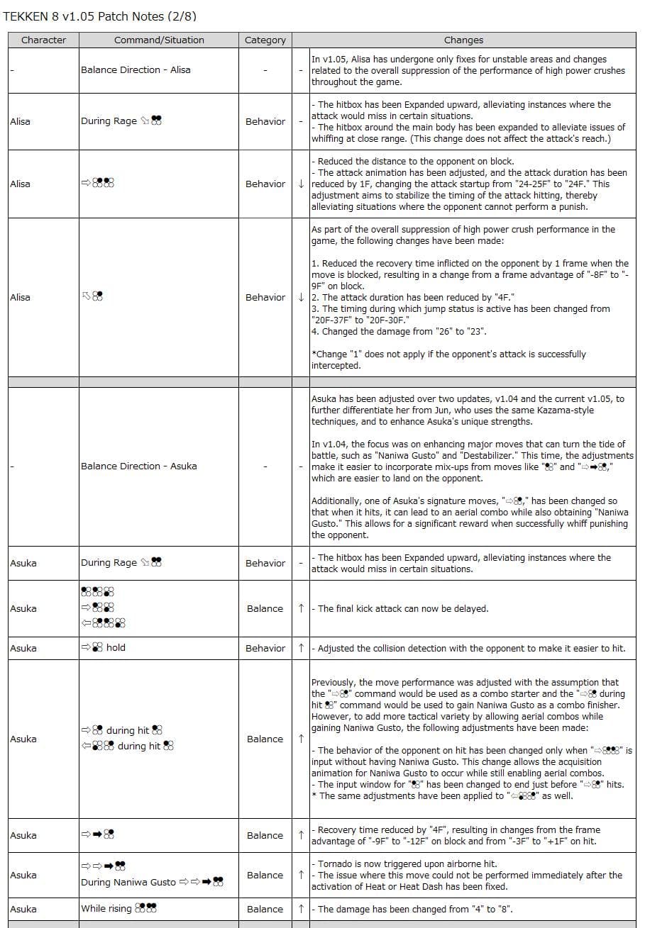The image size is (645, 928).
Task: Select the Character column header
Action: pyautogui.click(x=43, y=40)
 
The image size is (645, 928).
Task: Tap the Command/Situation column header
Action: pyautogui.click(x=159, y=40)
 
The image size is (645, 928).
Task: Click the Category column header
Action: pyautogui.click(x=265, y=40)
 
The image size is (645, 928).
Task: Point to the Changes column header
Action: pyautogui.click(x=463, y=40)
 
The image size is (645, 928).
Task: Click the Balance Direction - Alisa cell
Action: pyautogui.click(x=136, y=70)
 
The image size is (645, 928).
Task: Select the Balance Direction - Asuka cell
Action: pyautogui.click(x=138, y=466)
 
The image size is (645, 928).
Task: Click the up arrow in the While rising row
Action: pyautogui.click(x=302, y=909)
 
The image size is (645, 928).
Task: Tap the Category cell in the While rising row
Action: pyautogui.click(x=265, y=909)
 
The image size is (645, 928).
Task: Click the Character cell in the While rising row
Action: pyautogui.click(x=23, y=909)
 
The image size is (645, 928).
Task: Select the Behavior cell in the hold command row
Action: pyautogui.click(x=265, y=648)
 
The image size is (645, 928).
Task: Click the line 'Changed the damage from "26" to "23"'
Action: pyautogui.click(x=399, y=331)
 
